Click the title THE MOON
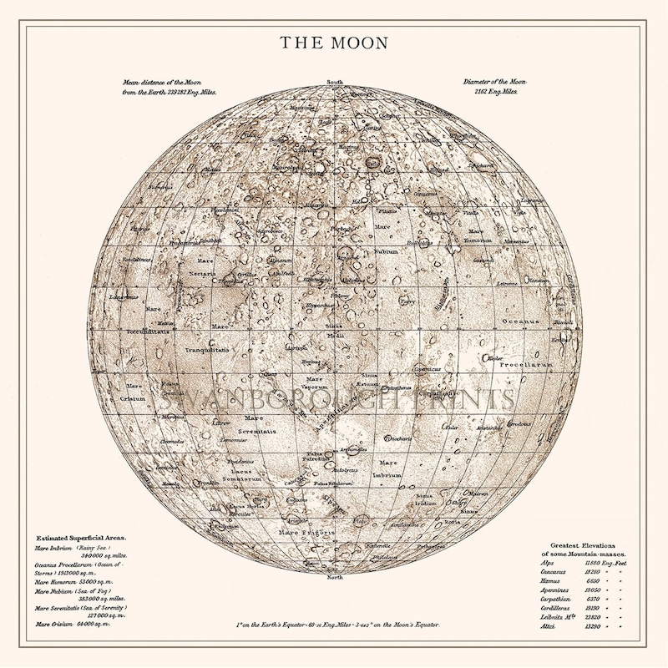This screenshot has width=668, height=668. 334,42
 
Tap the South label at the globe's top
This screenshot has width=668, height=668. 335,83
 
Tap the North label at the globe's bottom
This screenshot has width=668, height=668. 335,577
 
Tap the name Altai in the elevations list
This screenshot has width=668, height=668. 549,626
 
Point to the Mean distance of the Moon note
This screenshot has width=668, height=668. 170,87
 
